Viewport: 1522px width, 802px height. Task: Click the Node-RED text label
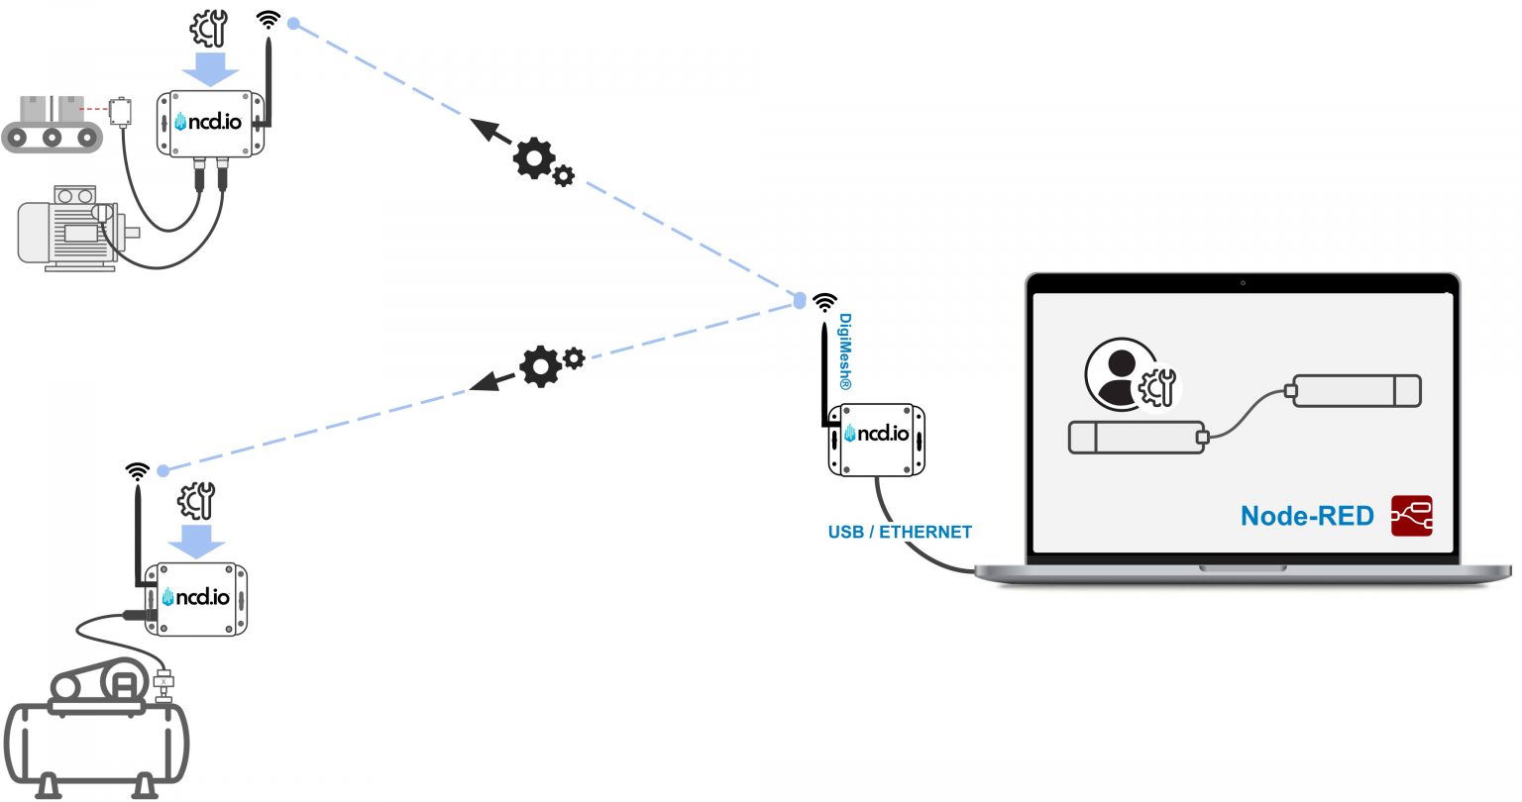pos(1306,516)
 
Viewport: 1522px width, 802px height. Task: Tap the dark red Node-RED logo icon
pos(1412,516)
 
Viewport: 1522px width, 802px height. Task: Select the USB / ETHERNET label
pos(900,532)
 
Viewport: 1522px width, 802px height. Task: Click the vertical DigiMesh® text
pos(845,351)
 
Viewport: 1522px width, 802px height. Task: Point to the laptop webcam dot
pos(1243,283)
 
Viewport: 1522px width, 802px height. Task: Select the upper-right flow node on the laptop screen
pos(1357,391)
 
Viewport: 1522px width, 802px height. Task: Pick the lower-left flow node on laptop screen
pos(1136,438)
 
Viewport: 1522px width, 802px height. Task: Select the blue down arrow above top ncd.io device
pos(210,68)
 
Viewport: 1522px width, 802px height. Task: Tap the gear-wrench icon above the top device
pos(208,29)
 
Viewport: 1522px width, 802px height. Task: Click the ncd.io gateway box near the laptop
pos(877,440)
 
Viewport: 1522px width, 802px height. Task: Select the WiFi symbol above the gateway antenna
pos(824,302)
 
